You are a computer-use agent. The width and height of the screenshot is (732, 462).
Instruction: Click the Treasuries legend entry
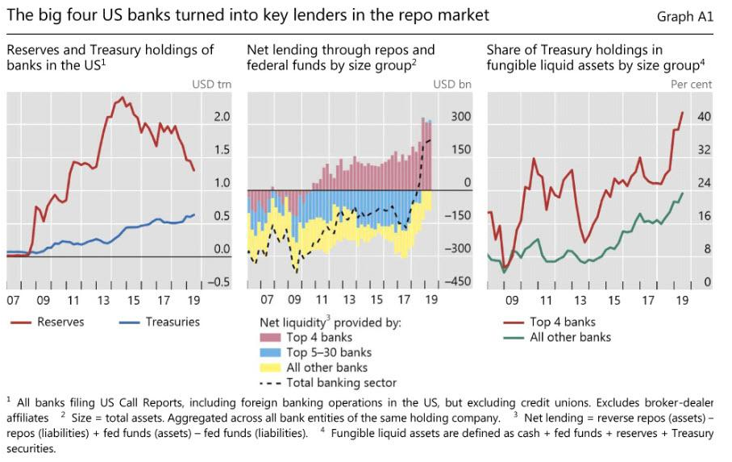pos(173,322)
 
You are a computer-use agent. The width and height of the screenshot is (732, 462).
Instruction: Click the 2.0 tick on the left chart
pos(222,117)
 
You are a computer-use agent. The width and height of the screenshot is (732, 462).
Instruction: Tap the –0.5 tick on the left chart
pos(219,282)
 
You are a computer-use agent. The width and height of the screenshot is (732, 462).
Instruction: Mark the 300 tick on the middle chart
pos(461,117)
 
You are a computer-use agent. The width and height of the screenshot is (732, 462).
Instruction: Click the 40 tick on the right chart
pos(704,117)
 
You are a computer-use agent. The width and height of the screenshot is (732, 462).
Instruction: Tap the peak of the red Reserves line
pos(122,98)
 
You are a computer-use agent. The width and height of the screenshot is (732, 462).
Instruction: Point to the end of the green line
pos(683,193)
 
